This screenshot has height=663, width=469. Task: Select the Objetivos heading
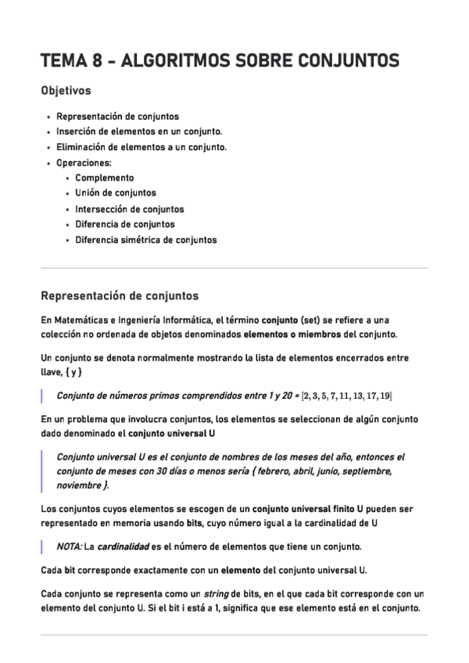[66, 91]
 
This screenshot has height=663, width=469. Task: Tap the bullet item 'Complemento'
[104, 177]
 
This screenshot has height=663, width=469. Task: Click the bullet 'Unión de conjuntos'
[115, 193]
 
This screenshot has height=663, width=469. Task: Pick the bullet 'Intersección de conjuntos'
[129, 209]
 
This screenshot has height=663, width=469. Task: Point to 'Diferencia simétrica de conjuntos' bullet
[145, 240]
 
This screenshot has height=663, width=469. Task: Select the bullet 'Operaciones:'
[84, 163]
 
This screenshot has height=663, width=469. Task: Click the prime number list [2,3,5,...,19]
[347, 396]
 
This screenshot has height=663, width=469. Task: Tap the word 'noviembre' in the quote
[80, 485]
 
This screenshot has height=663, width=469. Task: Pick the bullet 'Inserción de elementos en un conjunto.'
[139, 131]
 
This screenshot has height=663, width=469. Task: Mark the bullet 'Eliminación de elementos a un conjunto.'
[141, 147]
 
